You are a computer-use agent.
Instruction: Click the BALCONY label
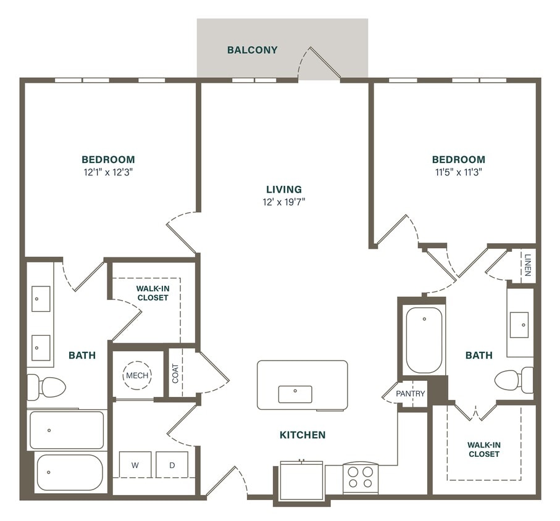[x=252, y=50]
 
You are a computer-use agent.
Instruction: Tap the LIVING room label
[x=284, y=190]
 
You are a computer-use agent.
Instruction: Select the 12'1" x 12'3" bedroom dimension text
[x=108, y=172]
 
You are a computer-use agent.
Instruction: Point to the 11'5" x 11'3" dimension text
[x=458, y=172]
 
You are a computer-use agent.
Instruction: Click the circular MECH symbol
[x=137, y=375]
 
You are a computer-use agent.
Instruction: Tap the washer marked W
[x=135, y=465]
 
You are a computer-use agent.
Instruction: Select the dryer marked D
[x=172, y=465]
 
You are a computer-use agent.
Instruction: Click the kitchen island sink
[x=295, y=394]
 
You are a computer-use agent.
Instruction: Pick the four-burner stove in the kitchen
[x=360, y=477]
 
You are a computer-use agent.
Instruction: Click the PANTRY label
[x=411, y=394]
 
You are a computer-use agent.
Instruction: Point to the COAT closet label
[x=175, y=373]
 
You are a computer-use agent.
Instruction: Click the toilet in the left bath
[x=47, y=387]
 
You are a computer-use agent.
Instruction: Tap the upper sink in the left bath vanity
[x=41, y=298]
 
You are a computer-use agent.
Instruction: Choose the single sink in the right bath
[x=519, y=324]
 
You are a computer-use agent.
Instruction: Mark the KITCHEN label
[x=302, y=435]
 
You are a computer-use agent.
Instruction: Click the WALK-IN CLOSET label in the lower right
[x=483, y=449]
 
